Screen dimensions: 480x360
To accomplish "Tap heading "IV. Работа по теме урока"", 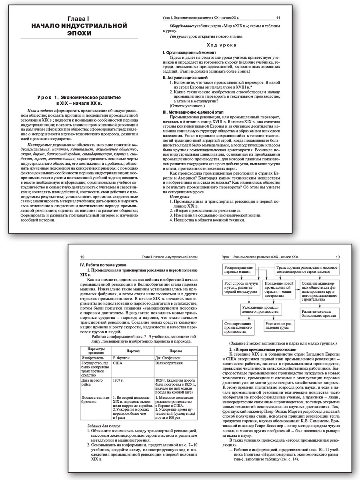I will pyautogui.click(x=104, y=265).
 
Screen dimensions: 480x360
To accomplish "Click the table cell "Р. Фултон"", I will pyautogui.click(x=121, y=357).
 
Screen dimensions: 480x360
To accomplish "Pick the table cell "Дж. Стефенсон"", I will pyautogui.click(x=167, y=357).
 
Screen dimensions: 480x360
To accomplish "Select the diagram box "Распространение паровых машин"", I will pyautogui.click(x=239, y=270).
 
